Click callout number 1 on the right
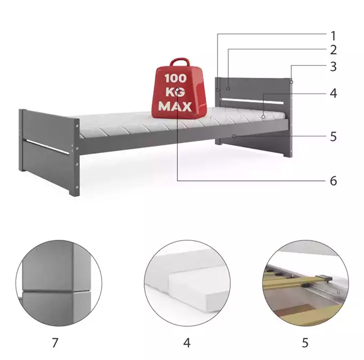334,36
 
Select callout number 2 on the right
334,50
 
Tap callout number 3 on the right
334,67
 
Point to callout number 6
334,181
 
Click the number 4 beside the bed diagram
334,93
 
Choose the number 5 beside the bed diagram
334,137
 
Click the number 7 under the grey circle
55,342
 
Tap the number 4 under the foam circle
187,342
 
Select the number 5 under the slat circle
305,342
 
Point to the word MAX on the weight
175,106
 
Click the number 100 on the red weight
175,78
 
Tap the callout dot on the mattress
264,116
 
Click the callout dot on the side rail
234,136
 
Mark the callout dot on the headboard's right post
291,82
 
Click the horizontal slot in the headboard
253,101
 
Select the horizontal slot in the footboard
48,146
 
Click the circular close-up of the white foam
187,283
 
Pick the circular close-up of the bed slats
305,283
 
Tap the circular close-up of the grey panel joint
59,283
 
